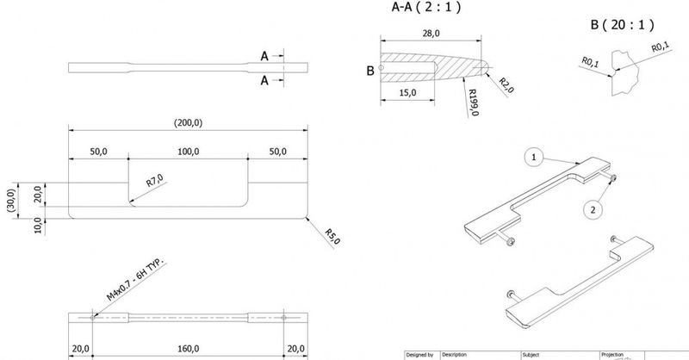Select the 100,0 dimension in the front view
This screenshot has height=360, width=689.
[x=188, y=152]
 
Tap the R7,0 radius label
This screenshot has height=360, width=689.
[x=154, y=181]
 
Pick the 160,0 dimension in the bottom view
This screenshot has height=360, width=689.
[x=188, y=349]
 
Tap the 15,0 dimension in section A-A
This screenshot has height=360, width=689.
[x=409, y=92]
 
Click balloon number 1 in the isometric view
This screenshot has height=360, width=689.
[x=535, y=158]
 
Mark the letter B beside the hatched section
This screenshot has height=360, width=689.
[x=370, y=71]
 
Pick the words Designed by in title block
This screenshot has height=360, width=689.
[x=420, y=354]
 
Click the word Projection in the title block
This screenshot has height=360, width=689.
[x=612, y=354]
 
